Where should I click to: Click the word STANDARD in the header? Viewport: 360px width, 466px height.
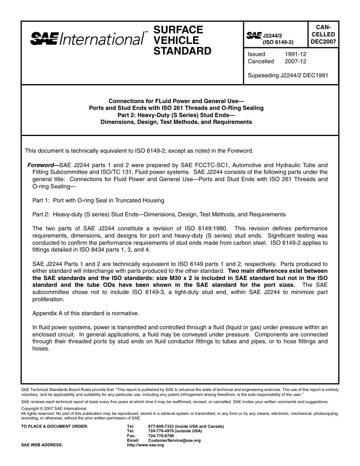pos(182,51)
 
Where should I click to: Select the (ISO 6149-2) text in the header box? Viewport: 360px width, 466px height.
pos(278,42)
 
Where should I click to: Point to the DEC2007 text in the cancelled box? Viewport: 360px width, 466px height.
pos(323,42)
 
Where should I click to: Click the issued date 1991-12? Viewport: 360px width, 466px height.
pos(296,54)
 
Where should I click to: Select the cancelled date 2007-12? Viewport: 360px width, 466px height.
pos(296,61)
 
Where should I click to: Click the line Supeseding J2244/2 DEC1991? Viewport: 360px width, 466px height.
pos(288,75)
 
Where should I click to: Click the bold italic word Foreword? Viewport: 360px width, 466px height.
pos(41,165)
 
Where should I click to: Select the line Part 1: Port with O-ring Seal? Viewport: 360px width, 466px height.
pos(98,200)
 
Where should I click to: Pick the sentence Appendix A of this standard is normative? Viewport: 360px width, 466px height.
pos(86,313)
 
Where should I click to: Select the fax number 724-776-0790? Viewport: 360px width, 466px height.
pos(161,436)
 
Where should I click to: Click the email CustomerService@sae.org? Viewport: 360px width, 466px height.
pos(174,440)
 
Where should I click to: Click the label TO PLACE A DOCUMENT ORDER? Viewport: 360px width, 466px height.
pos(55,426)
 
